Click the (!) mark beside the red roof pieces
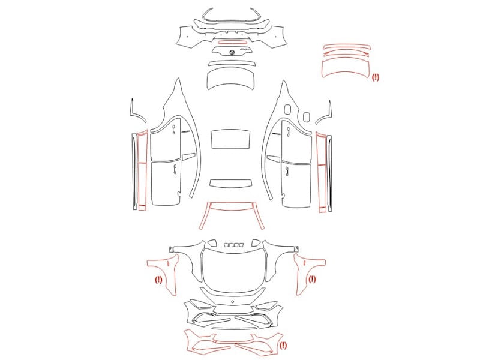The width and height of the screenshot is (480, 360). [376, 77]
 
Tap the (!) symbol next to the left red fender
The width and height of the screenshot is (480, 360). [158, 280]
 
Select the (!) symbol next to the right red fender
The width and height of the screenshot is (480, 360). [312, 279]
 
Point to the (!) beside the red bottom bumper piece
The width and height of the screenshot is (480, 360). [283, 346]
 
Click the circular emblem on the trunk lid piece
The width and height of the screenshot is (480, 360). [232, 52]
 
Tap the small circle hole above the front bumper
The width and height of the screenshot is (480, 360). [233, 302]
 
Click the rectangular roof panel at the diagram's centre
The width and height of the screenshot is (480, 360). [230, 139]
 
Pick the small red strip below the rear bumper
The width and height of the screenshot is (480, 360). [232, 42]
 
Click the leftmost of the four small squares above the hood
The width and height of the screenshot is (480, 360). [227, 245]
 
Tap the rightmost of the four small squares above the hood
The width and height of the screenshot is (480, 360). [241, 245]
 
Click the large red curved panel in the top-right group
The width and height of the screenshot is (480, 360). [346, 68]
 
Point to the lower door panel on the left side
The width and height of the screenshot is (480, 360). [166, 182]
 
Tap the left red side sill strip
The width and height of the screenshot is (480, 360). [142, 170]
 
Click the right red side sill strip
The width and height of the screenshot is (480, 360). [321, 172]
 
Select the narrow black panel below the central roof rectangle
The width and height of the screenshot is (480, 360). [230, 183]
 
